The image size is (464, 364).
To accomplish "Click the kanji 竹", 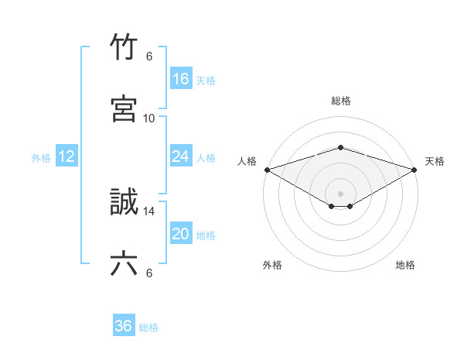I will [124, 48].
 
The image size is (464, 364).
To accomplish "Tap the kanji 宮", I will [124, 108].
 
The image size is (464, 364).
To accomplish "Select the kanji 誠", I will [124, 203].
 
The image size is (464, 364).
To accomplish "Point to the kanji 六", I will [124, 264].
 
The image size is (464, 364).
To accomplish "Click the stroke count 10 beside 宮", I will [149, 118].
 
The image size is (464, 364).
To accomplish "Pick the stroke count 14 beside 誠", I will [149, 211].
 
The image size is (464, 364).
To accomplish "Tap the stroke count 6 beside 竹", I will [149, 57].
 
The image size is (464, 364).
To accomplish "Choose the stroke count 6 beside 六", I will [149, 273].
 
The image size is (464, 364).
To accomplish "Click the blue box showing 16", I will [180, 79].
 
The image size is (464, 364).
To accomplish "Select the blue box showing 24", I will [180, 156].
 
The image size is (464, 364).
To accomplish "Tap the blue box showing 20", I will [180, 234].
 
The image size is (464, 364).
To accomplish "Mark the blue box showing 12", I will [67, 156].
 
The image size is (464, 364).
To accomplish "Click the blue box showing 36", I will [123, 326].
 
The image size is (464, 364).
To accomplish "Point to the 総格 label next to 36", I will [148, 328].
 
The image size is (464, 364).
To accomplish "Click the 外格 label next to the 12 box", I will [41, 158].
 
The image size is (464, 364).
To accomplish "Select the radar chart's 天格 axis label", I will [435, 161].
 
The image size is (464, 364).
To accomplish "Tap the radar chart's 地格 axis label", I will [405, 265].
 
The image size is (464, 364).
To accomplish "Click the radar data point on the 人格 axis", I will [267, 169].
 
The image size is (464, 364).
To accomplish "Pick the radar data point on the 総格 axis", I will [340, 147].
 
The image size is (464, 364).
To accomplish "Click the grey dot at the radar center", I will [340, 193].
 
